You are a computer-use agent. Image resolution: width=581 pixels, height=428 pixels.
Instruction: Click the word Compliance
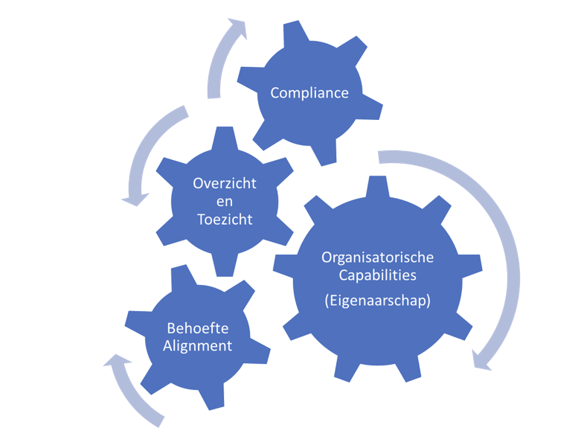[x=309, y=93]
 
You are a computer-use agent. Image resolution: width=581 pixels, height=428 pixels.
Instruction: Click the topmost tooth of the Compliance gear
[x=293, y=33]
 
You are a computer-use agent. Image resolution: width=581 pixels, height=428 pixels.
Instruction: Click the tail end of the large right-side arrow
[x=381, y=156]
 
